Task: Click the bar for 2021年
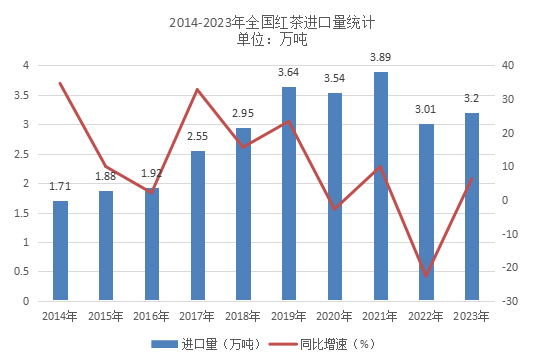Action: tap(380, 186)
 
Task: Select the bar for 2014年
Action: tap(61, 250)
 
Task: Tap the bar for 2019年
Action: tap(289, 194)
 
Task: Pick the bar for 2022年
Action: tap(426, 212)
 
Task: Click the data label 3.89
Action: tap(380, 58)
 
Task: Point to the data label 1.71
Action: tap(60, 186)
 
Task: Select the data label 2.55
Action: tap(198, 137)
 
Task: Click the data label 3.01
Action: tap(426, 110)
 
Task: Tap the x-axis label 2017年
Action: tap(198, 316)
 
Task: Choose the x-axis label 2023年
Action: tap(472, 316)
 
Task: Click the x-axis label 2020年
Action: tap(335, 316)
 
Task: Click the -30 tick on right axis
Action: tap(510, 301)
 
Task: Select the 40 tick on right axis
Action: tap(508, 65)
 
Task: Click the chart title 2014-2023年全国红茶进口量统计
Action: tap(271, 20)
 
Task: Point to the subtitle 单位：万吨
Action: tap(271, 40)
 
